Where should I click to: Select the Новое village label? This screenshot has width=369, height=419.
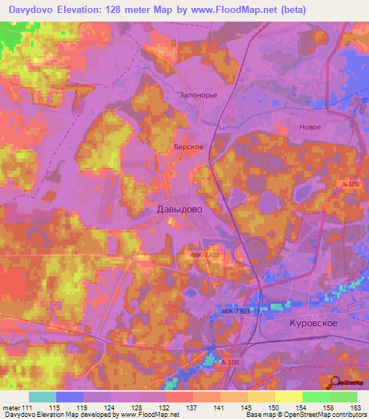click(x=309, y=127)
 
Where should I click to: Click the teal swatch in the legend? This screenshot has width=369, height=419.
click(x=43, y=397)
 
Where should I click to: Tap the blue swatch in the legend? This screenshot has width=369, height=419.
click(x=70, y=397)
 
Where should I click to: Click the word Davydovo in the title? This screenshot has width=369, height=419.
click(x=37, y=10)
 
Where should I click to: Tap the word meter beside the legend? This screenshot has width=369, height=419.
click(x=12, y=407)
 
